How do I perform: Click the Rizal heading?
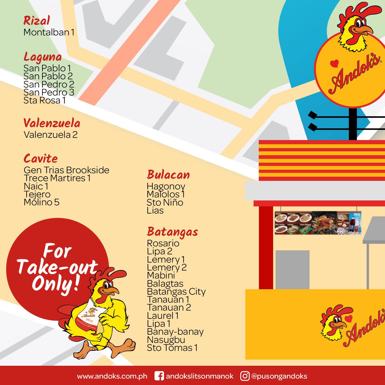(x=36, y=21)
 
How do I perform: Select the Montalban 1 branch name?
(x=49, y=32)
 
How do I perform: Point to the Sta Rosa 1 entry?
(x=44, y=100)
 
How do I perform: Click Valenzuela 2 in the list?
(x=51, y=135)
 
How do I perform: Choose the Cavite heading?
(x=41, y=158)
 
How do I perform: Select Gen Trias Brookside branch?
(x=66, y=170)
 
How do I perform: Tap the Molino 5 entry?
(x=42, y=202)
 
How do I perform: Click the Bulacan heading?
(x=168, y=175)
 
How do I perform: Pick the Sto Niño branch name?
(x=165, y=203)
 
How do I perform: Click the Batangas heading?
(x=172, y=232)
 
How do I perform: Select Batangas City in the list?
(x=176, y=292)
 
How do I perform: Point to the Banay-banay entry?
(x=175, y=332)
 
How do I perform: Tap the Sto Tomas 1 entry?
(x=172, y=348)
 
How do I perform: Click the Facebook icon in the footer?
(x=159, y=376)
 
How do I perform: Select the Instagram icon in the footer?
(x=245, y=376)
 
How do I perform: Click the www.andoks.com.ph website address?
(x=112, y=376)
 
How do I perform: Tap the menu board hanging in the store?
(x=318, y=223)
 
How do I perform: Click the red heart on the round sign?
(x=334, y=63)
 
